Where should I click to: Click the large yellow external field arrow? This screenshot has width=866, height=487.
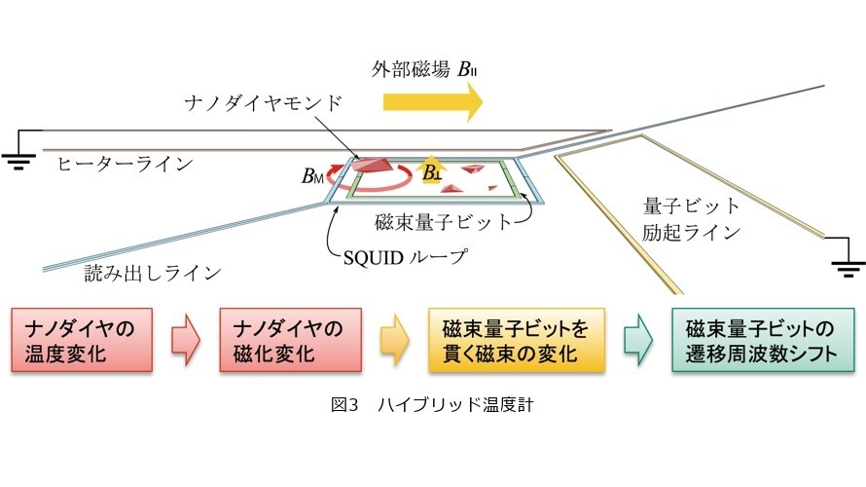click(433, 101)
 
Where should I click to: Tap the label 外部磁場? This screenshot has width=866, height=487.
click(411, 70)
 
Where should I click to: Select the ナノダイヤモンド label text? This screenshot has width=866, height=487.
click(264, 103)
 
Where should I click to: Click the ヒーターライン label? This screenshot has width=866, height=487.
click(125, 164)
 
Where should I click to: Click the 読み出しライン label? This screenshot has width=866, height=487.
click(153, 273)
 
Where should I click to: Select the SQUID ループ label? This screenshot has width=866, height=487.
click(405, 257)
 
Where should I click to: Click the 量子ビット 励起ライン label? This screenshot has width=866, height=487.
click(691, 219)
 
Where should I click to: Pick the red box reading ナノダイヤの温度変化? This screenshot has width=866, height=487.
click(82, 340)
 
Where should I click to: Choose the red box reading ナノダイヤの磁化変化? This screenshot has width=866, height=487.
click(291, 340)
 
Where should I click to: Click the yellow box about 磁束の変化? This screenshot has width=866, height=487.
click(517, 340)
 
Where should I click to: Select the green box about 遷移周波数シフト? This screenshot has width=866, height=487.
click(763, 340)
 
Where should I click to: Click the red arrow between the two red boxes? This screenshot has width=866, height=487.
click(186, 340)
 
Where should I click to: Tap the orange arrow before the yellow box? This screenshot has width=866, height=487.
click(395, 340)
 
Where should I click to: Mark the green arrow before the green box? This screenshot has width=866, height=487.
click(638, 340)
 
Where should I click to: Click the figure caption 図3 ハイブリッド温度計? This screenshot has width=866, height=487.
click(432, 404)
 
